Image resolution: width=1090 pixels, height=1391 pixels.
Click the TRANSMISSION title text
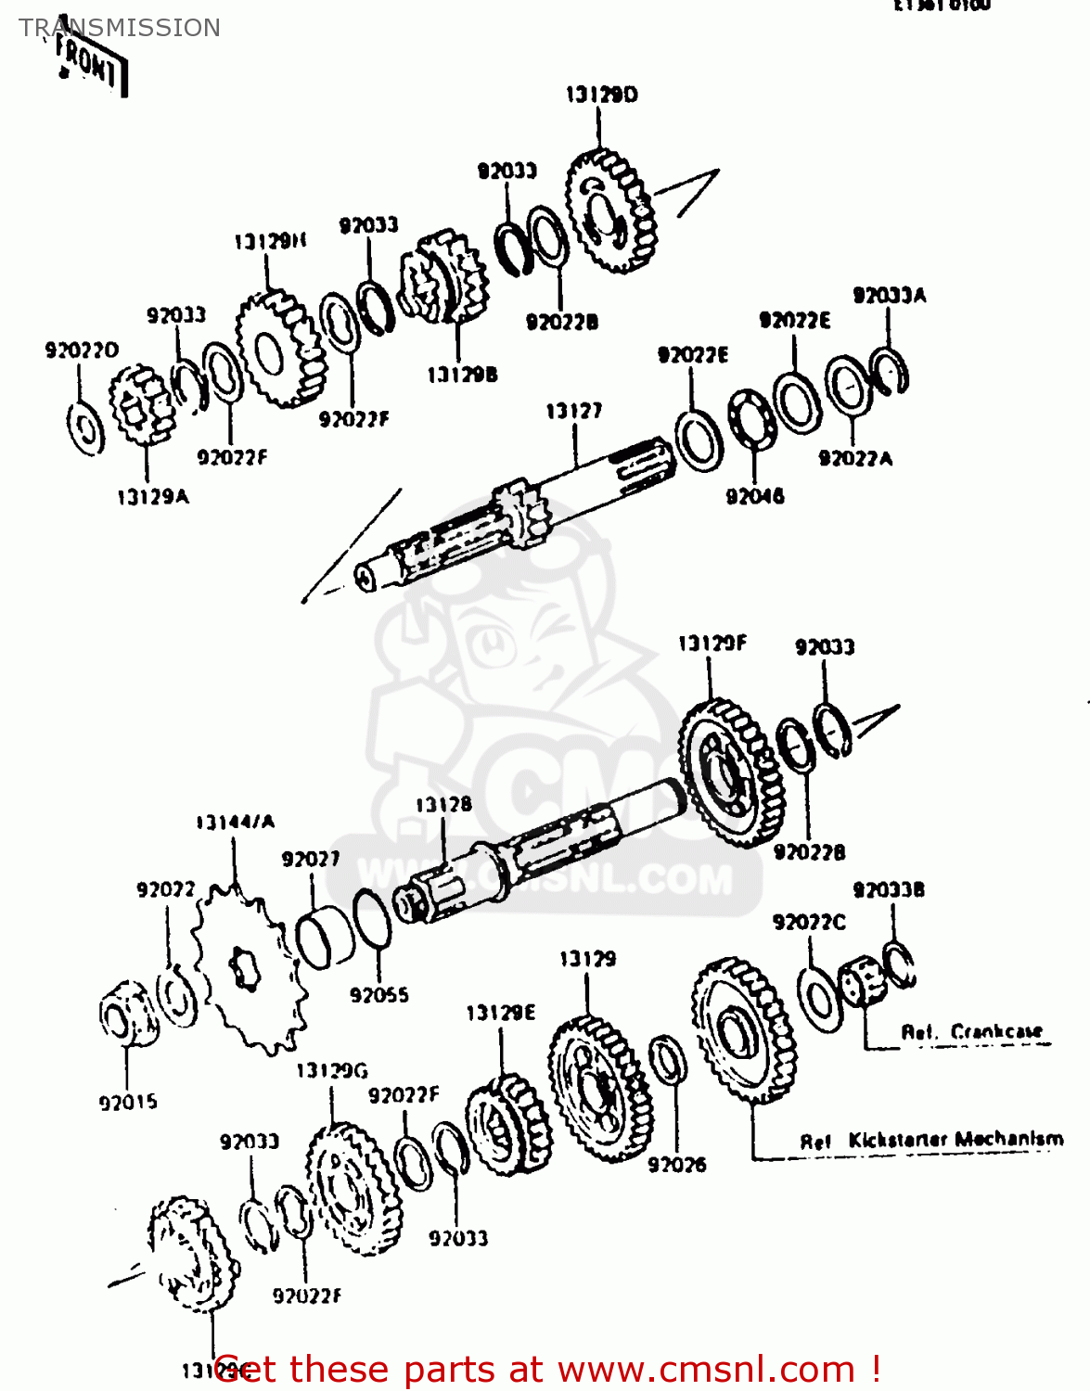point(120,28)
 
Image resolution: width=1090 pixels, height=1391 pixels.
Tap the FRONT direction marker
point(88,63)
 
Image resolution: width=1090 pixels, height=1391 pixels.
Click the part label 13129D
point(601,95)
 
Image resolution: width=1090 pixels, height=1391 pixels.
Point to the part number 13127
point(573,411)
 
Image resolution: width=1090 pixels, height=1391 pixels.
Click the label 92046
point(754,496)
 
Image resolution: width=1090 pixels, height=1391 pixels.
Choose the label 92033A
point(889,296)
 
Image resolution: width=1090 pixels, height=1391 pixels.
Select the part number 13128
point(442,805)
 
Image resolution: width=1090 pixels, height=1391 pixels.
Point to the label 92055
point(378,995)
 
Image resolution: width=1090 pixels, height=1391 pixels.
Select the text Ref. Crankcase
point(971,1032)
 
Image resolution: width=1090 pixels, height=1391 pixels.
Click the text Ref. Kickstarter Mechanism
point(931,1140)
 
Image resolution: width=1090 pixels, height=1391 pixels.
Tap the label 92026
point(676,1165)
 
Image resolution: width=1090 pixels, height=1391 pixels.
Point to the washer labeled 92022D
point(86,428)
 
